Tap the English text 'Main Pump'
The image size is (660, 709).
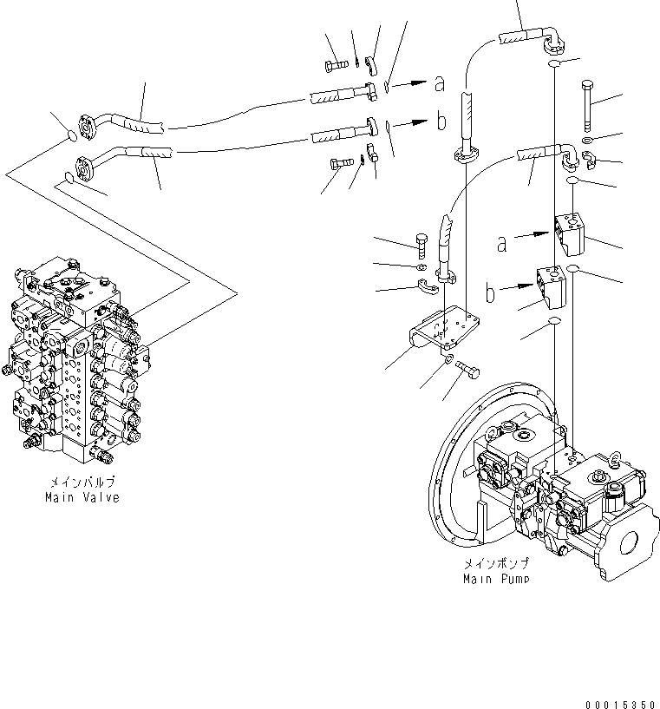coord(497,578)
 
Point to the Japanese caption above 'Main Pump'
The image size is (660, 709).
coord(497,563)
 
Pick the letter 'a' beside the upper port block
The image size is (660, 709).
coord(501,245)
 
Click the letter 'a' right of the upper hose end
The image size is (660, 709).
coord(440,84)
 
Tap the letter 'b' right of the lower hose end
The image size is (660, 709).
coord(441,121)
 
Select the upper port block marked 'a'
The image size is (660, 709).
coord(569,232)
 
